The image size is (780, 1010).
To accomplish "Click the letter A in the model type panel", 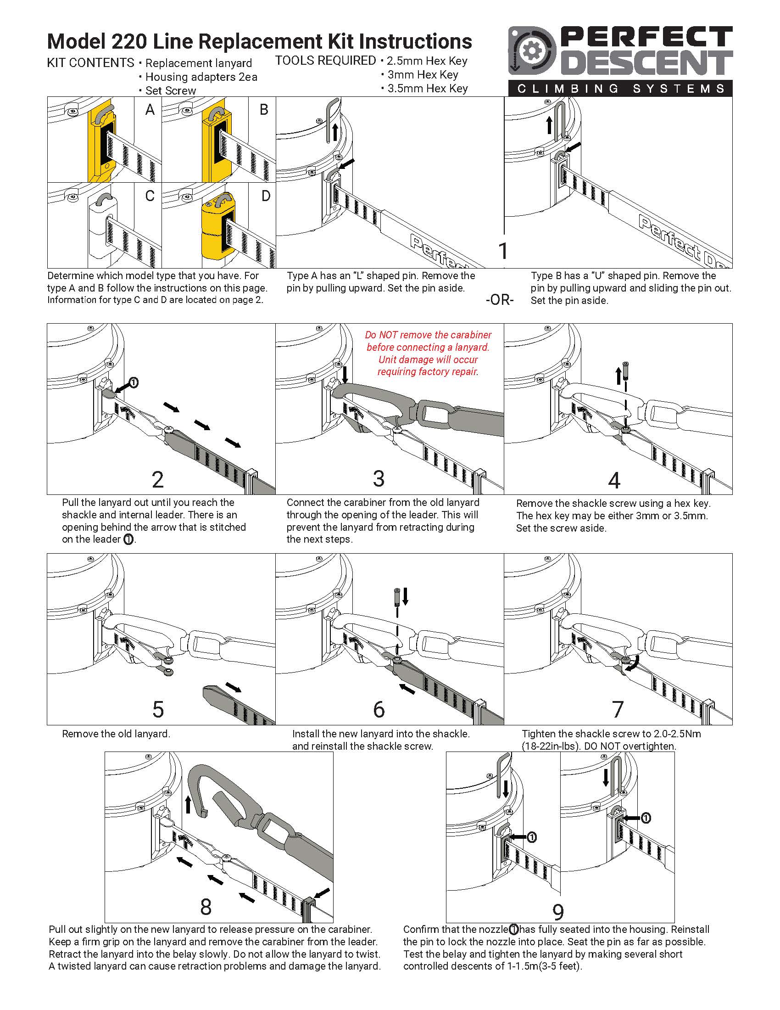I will pos(150,110).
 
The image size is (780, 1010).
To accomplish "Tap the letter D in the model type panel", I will pos(266,196).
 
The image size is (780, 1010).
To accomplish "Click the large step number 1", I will pos(503,251).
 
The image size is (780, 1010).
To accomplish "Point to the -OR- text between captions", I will pos(500,300).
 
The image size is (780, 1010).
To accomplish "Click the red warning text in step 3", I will pos(428,353).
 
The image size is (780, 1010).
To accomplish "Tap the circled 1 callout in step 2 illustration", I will pos(134,382).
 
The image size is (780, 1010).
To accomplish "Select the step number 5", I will pos(158,709).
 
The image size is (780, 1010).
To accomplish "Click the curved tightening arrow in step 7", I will pos(634,665).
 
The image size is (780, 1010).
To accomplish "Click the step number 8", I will pos(206,907).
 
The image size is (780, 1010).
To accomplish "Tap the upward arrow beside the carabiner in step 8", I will pos(188,804).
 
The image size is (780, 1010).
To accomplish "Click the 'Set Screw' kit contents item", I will pos(171,90).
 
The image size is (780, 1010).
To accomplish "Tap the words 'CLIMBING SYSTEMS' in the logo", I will pos(621,88).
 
